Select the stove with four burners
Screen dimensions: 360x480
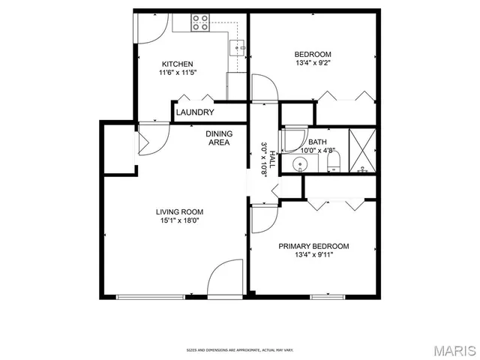[200, 22]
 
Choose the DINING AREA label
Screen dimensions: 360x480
[218, 138]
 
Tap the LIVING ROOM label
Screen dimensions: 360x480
[179, 211]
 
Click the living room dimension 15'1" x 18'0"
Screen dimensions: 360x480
[179, 220]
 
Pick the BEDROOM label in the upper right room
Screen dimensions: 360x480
[313, 54]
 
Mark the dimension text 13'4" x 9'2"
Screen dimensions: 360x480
[313, 63]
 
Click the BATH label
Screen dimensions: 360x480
[317, 142]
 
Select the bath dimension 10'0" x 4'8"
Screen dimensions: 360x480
[317, 150]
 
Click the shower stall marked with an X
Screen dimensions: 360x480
[364, 149]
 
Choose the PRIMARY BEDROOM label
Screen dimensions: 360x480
[313, 246]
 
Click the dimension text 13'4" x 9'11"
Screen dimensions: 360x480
[313, 255]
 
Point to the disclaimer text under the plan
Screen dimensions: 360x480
[240, 350]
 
